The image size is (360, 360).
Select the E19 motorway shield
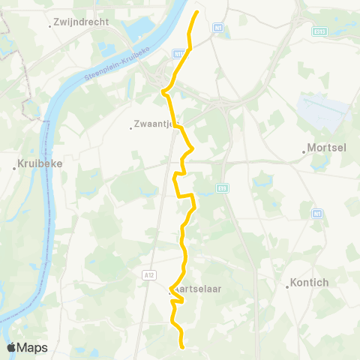(x=223, y=187)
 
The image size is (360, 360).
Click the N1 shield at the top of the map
(x=218, y=28)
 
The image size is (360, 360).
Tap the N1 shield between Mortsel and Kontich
(x=317, y=214)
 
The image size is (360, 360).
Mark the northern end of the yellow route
(x=197, y=13)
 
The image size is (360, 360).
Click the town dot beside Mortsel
(x=304, y=151)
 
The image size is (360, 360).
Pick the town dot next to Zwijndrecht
(x=50, y=25)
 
